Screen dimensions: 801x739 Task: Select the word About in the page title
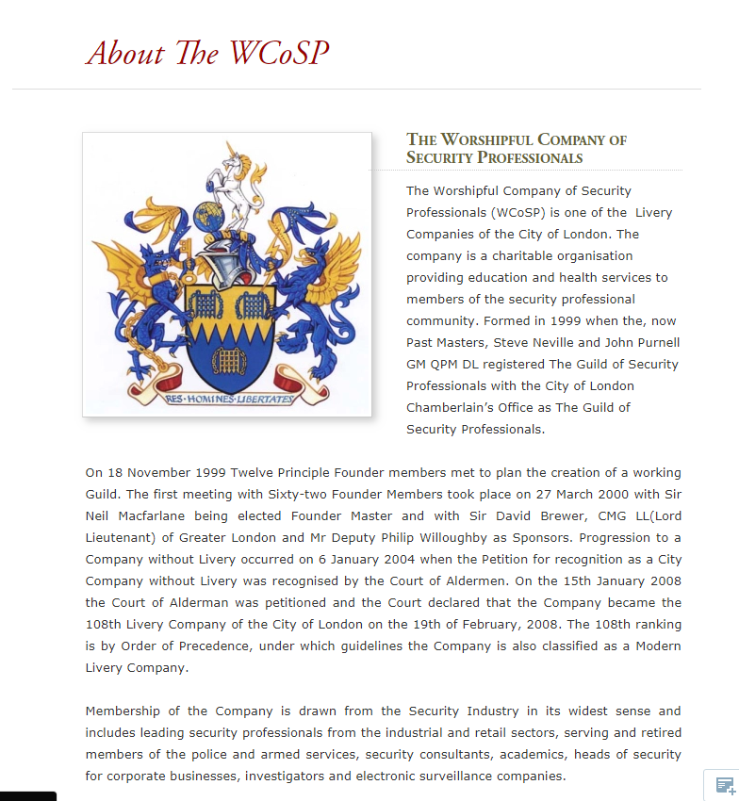point(125,53)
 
